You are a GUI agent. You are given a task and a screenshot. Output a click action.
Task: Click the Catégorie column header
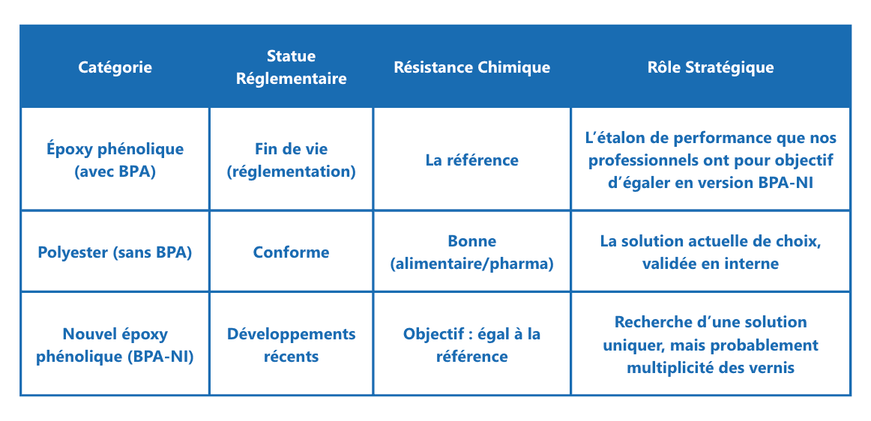pos(115,67)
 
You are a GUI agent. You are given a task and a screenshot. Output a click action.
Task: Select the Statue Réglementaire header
pos(291,67)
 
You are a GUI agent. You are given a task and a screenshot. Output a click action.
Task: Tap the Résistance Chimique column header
pos(471,67)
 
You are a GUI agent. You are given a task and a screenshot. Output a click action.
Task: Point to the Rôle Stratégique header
pos(710,67)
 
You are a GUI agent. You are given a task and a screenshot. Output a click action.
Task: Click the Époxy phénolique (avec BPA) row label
pos(115,160)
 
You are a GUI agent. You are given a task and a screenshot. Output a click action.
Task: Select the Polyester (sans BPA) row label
pos(115,252)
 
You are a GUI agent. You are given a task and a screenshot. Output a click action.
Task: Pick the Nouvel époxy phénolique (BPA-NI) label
pos(115,345)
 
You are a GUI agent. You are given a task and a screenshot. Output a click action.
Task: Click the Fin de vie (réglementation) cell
pos(291,160)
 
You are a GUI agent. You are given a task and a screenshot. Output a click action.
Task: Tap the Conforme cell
pos(291,252)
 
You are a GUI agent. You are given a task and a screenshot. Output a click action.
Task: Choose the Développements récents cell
pos(291,345)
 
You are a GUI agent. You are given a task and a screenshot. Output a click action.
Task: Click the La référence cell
pos(471,160)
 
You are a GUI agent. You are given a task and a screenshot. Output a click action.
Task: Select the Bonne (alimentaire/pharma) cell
pos(471,252)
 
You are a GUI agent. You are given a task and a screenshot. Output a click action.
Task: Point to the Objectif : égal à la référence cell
pos(471,345)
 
